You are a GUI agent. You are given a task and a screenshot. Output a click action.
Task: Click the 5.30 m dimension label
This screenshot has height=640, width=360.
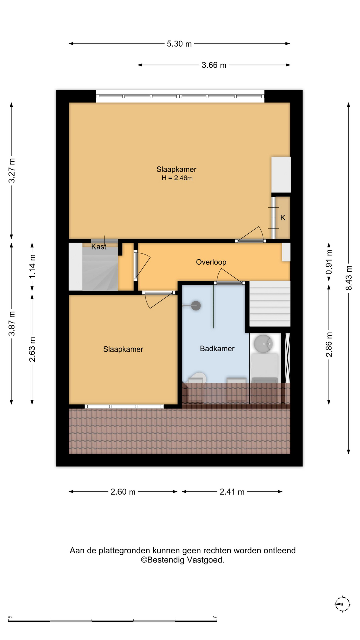click(x=179, y=44)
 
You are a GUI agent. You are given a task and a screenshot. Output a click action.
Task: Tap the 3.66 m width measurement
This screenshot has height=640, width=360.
click(x=214, y=65)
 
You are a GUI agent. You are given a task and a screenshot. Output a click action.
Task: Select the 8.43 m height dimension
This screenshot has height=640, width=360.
click(x=349, y=278)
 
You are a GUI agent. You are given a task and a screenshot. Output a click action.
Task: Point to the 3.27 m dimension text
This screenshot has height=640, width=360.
click(x=12, y=170)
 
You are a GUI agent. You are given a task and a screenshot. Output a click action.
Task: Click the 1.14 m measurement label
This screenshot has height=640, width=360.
click(x=32, y=267)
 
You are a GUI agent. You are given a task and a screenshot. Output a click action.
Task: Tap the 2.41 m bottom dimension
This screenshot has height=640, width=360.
click(x=232, y=492)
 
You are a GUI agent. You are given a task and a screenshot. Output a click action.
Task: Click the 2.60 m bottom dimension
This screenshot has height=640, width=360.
click(x=123, y=492)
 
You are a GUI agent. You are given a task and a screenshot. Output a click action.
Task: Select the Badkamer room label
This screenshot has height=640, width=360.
click(x=217, y=348)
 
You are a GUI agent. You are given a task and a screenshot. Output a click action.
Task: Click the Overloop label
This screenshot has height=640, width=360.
click(x=211, y=262)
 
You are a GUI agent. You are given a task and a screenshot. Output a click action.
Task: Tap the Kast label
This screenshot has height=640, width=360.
click(x=99, y=247)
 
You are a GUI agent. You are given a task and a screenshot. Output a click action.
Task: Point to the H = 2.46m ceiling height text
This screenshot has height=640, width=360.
click(x=177, y=178)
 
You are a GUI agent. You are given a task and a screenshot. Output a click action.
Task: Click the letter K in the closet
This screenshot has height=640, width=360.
click(x=283, y=218)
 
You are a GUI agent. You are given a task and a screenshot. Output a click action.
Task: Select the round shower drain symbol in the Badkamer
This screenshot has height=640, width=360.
click(x=196, y=305)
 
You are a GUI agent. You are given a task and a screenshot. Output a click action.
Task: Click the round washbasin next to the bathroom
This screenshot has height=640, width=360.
click(x=263, y=344)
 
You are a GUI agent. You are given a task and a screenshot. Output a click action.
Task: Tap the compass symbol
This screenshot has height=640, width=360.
click(x=342, y=604)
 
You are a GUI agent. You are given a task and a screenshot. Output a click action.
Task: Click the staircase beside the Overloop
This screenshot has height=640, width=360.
click(x=270, y=304)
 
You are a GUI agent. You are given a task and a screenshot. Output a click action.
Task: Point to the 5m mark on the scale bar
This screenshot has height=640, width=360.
click(x=215, y=617)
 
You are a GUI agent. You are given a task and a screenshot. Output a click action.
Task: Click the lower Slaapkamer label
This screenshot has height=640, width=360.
click(x=123, y=349)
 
